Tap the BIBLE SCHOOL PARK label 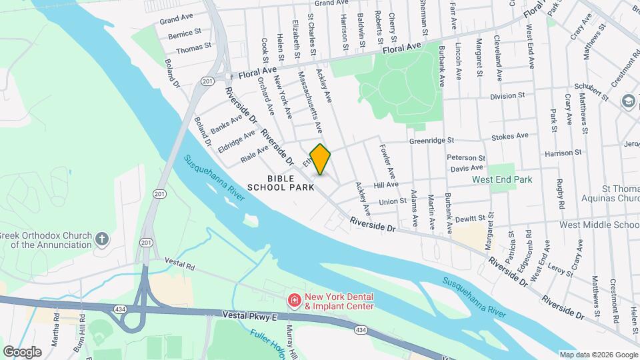(x=281, y=183)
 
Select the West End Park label (x=502, y=179)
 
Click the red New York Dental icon (x=293, y=301)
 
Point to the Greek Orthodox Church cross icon (x=101, y=239)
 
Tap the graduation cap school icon (x=627, y=101)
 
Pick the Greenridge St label (x=431, y=141)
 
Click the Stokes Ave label (x=509, y=136)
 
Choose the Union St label (x=393, y=201)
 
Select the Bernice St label (x=185, y=33)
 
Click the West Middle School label (x=599, y=225)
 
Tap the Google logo (x=22, y=351)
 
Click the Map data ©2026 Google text (x=597, y=355)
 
